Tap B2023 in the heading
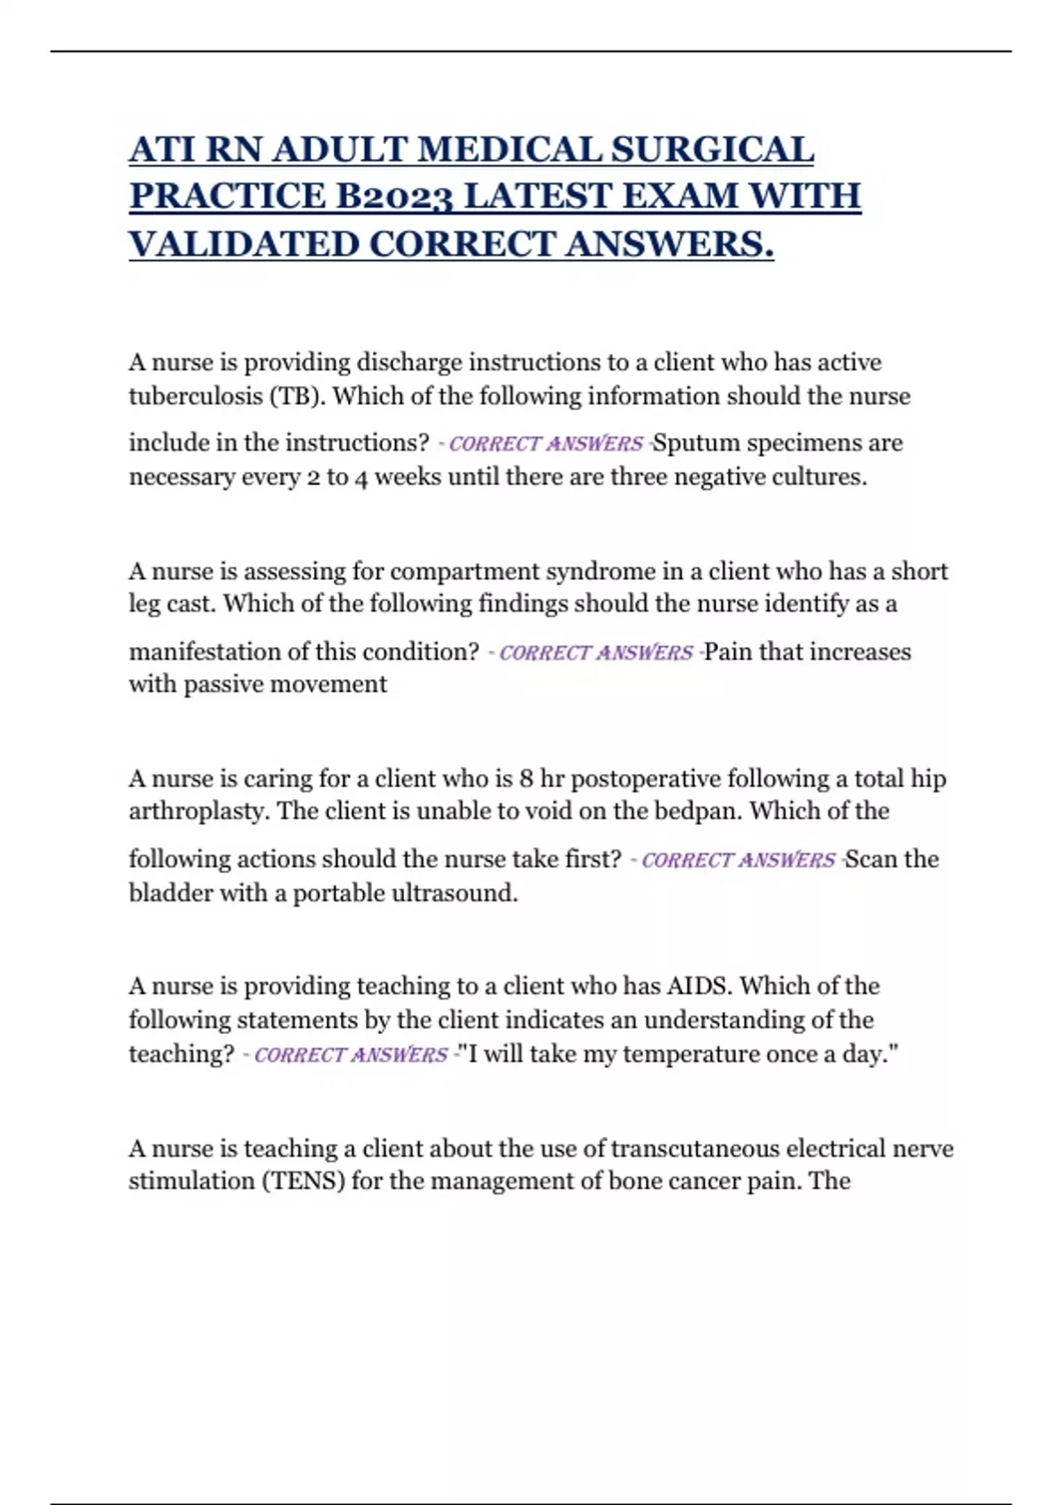(398, 197)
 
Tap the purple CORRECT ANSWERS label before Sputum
(546, 443)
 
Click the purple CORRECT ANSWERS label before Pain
(595, 652)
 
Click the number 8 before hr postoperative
(526, 779)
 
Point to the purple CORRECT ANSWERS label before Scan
(738, 860)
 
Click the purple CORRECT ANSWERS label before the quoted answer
(351, 1054)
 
